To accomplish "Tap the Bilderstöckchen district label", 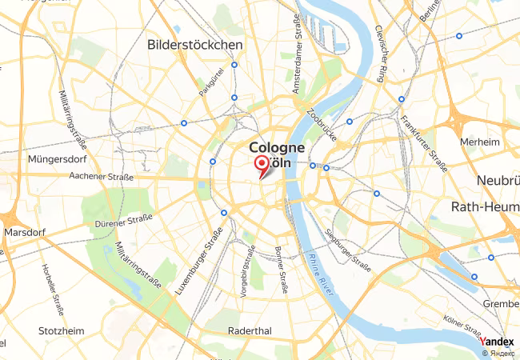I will coord(194,46).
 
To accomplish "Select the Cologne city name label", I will coord(277,148).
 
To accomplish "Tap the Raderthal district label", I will coord(250,330).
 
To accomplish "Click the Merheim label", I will coord(480,142).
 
